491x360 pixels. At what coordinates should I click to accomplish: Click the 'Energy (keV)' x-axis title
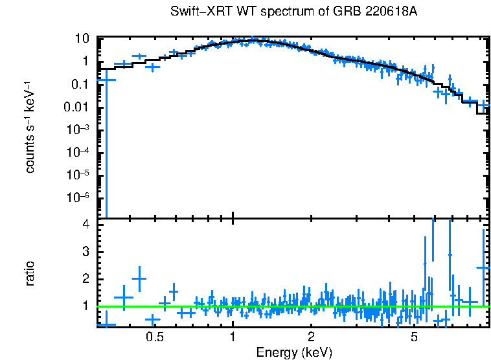[294, 352]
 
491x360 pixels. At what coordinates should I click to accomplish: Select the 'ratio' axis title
[30, 273]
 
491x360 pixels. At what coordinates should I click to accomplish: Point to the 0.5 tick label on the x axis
[154, 337]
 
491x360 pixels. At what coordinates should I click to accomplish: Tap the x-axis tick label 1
[233, 337]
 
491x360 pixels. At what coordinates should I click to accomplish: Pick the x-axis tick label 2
[311, 337]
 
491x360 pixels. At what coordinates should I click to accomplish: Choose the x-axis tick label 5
[415, 337]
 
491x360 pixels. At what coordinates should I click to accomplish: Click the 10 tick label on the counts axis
[82, 38]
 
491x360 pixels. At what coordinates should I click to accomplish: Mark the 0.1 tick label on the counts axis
[80, 84]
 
